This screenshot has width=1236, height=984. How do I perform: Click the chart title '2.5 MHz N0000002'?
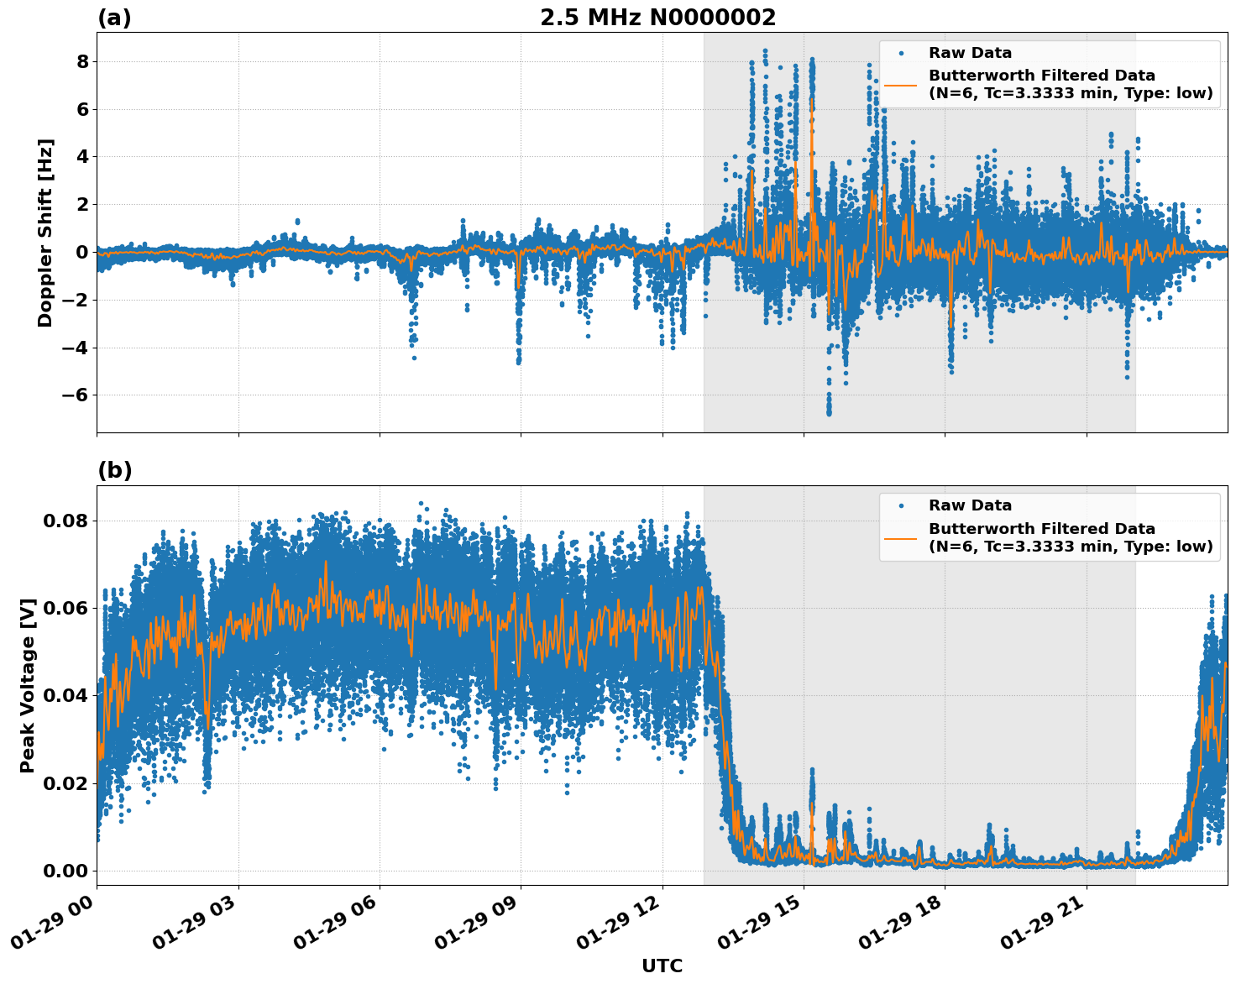[657, 18]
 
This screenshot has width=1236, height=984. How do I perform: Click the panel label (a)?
[114, 18]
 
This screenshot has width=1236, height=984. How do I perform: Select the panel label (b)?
[114, 471]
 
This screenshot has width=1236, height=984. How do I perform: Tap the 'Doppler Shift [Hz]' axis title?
[45, 233]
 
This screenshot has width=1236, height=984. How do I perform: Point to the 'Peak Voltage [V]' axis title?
[28, 685]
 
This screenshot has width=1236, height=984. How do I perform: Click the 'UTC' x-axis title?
[662, 966]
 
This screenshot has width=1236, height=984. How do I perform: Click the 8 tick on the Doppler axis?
[82, 62]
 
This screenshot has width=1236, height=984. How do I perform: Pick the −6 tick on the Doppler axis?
[76, 395]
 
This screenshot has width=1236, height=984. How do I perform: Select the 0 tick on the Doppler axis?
[82, 253]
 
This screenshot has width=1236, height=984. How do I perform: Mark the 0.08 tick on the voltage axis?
[65, 521]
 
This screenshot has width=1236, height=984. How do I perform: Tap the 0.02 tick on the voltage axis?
[65, 783]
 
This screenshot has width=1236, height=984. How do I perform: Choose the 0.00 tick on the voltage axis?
[65, 871]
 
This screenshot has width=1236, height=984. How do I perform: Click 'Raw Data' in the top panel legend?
[970, 53]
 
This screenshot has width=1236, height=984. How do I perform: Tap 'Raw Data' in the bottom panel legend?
[970, 505]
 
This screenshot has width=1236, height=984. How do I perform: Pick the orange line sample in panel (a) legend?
[901, 85]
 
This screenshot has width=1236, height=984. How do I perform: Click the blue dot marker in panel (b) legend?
[901, 506]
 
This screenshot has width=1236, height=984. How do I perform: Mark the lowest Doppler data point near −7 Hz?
[829, 413]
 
